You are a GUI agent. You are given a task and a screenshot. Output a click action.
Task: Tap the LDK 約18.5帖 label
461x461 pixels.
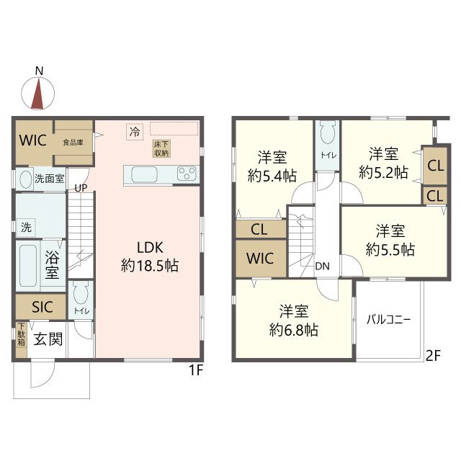[150, 256]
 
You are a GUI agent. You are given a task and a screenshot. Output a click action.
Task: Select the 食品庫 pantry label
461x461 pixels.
[73, 143]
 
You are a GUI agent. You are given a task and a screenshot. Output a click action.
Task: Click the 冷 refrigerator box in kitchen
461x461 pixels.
[135, 132]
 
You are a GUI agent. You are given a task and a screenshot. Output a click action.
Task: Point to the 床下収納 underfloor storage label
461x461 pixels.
[161, 149]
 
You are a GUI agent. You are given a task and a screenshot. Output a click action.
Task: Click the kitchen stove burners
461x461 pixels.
[187, 174]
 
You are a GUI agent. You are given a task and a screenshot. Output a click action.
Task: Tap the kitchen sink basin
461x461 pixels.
[144, 174]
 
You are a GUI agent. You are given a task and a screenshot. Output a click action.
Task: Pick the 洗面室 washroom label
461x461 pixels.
[50, 178]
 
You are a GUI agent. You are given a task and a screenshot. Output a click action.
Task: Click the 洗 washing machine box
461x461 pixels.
[26, 228]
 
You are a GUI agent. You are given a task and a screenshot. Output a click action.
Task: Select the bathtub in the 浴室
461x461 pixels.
[28, 266]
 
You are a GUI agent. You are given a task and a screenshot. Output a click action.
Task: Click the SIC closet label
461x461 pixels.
[42, 307]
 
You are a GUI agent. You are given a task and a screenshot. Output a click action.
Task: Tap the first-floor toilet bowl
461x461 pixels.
[81, 292]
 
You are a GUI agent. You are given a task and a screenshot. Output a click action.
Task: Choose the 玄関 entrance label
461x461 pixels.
[48, 339]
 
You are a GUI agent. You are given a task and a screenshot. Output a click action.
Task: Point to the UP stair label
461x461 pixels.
[81, 188]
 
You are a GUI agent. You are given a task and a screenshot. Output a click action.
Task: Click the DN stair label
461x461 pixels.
[322, 266]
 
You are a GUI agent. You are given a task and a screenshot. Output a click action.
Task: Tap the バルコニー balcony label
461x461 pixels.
[388, 319]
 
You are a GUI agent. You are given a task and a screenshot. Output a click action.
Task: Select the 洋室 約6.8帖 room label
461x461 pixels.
[294, 321]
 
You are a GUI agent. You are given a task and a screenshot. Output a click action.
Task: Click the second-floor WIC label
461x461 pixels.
[260, 259]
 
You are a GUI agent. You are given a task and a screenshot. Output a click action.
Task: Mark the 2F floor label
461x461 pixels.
[434, 356]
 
